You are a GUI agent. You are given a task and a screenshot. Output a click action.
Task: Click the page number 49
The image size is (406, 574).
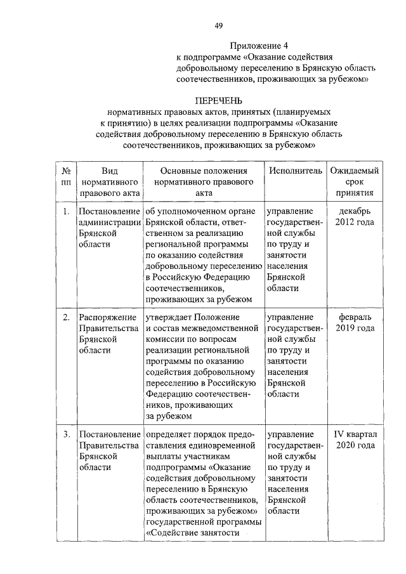[x=218, y=25]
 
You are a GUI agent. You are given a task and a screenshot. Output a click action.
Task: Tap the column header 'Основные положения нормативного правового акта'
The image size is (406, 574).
[x=203, y=181]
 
